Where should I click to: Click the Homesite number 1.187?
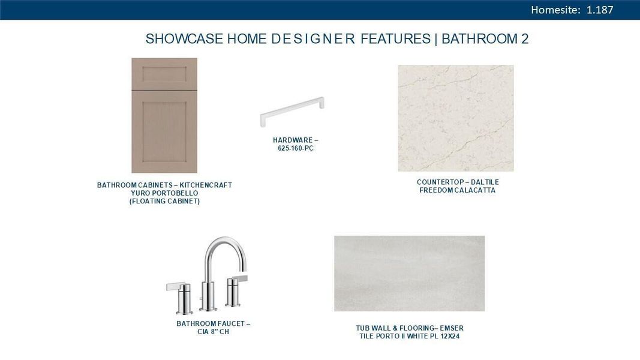pos(600,10)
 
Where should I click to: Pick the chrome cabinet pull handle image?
pos(292,111)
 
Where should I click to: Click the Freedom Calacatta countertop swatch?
pos(456,118)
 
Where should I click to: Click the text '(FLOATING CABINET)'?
pos(164,202)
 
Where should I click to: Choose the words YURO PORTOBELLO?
pos(164,194)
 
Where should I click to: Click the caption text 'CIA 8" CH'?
pos(213,332)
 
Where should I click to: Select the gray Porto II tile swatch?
pos(409,273)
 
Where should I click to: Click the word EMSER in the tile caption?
pos(452,328)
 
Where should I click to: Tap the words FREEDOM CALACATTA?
pos(458,191)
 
